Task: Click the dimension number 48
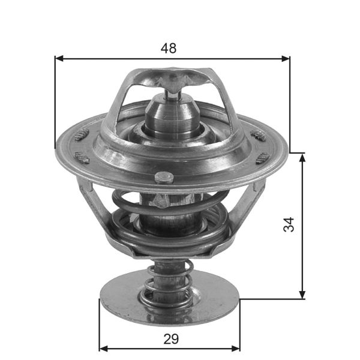[169, 49]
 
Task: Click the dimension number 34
[289, 225]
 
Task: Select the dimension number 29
[170, 339]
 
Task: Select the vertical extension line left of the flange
[55, 102]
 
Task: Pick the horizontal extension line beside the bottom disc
[270, 298]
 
